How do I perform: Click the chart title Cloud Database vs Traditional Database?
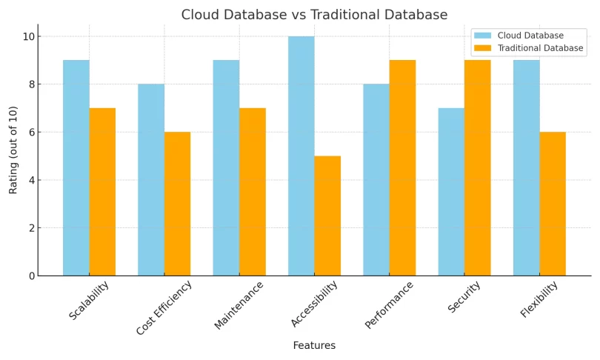click(314, 15)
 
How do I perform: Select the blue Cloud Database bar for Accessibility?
click(301, 156)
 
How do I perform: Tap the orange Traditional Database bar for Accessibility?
click(327, 216)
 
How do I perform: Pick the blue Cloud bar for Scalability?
click(76, 167)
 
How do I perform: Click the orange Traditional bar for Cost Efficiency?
click(177, 204)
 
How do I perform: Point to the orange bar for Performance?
click(402, 167)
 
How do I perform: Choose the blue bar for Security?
click(451, 192)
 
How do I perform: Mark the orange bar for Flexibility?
click(553, 204)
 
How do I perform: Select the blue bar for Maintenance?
click(226, 167)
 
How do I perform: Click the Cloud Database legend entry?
click(530, 36)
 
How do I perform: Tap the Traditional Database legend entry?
click(540, 48)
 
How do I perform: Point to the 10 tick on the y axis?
click(30, 36)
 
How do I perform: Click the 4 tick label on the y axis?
click(32, 180)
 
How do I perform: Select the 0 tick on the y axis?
click(32, 276)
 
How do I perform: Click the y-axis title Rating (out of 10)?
click(13, 150)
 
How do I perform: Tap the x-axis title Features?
click(314, 345)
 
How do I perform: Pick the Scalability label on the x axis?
click(90, 300)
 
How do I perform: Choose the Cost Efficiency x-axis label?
click(164, 307)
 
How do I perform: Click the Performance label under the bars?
click(390, 304)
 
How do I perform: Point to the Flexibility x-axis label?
click(540, 299)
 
